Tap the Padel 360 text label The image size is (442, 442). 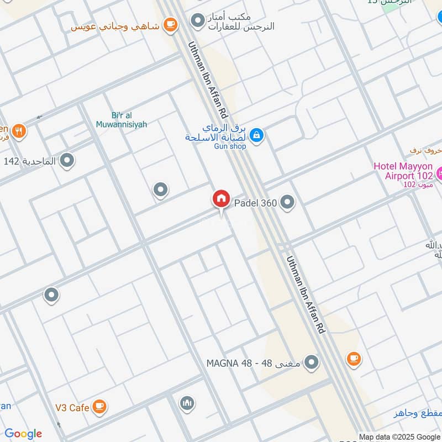point(256,203)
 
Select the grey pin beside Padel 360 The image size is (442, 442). point(287,203)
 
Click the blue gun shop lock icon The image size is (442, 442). point(256,134)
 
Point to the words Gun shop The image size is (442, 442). point(230,146)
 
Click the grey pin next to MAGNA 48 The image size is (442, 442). point(312,362)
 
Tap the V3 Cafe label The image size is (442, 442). point(72,408)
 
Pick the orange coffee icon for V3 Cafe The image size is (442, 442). point(99,407)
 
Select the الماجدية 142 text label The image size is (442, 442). point(30,161)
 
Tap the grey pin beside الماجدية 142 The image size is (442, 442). point(67,161)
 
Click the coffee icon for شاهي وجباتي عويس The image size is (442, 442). point(170,25)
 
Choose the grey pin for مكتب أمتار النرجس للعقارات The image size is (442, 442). point(197,21)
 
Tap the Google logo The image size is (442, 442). point(23,434)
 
